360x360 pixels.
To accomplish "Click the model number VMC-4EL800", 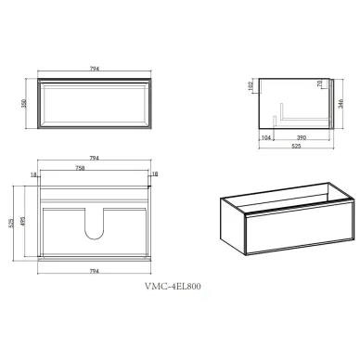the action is pyautogui.click(x=173, y=286).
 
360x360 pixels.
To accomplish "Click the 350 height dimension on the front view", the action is pyautogui.click(x=24, y=103).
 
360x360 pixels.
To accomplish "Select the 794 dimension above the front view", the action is pyautogui.click(x=95, y=69).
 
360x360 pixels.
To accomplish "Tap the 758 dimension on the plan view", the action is pyautogui.click(x=80, y=168).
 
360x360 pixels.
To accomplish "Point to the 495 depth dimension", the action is pyautogui.click(x=23, y=221).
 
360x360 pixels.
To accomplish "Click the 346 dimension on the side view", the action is pyautogui.click(x=341, y=104).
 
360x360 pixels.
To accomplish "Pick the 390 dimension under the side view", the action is pyautogui.click(x=302, y=137).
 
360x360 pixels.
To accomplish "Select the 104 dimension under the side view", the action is pyautogui.click(x=266, y=137).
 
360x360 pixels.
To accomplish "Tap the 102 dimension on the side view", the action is pyautogui.click(x=251, y=85).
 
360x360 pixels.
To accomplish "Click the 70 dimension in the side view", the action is pyautogui.click(x=320, y=84).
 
